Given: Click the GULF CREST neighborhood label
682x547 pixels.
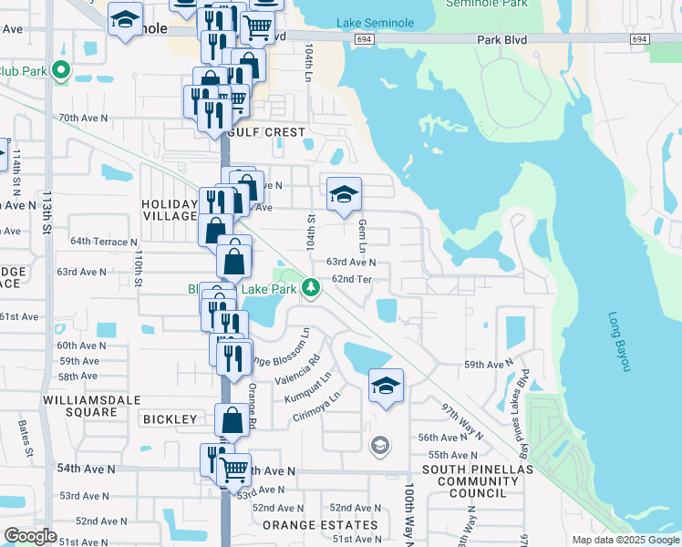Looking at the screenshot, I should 269,132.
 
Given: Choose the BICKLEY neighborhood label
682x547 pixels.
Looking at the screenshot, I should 170,419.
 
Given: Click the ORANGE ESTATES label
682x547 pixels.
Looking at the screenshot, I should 319,525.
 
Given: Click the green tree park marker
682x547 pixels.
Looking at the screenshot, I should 312,288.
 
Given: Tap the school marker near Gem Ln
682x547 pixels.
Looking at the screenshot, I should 344,194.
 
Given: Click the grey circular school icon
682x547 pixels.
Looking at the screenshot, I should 379,446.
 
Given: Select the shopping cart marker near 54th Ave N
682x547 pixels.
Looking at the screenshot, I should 234,470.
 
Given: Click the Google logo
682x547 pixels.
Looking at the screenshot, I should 30,536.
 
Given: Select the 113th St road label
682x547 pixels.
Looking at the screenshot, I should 46,212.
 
